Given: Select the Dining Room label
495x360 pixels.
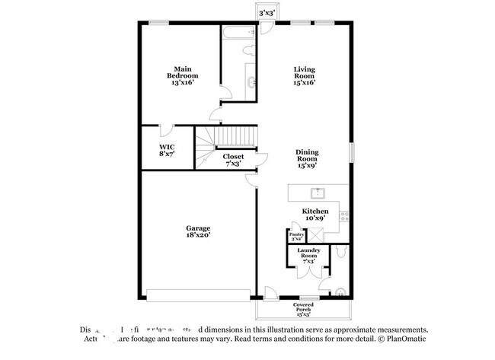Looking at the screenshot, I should point(307,158).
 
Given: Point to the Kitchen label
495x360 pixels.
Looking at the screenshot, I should point(315,215).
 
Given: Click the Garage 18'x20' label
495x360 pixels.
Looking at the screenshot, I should point(198,232).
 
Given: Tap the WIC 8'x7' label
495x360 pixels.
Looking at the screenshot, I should point(167,150).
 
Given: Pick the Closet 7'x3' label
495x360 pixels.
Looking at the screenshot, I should point(233,160).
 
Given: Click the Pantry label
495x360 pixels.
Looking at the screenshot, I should point(296,237).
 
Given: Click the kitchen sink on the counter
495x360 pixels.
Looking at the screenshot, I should point(318,192).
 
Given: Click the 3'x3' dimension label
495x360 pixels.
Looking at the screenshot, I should point(267,14).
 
